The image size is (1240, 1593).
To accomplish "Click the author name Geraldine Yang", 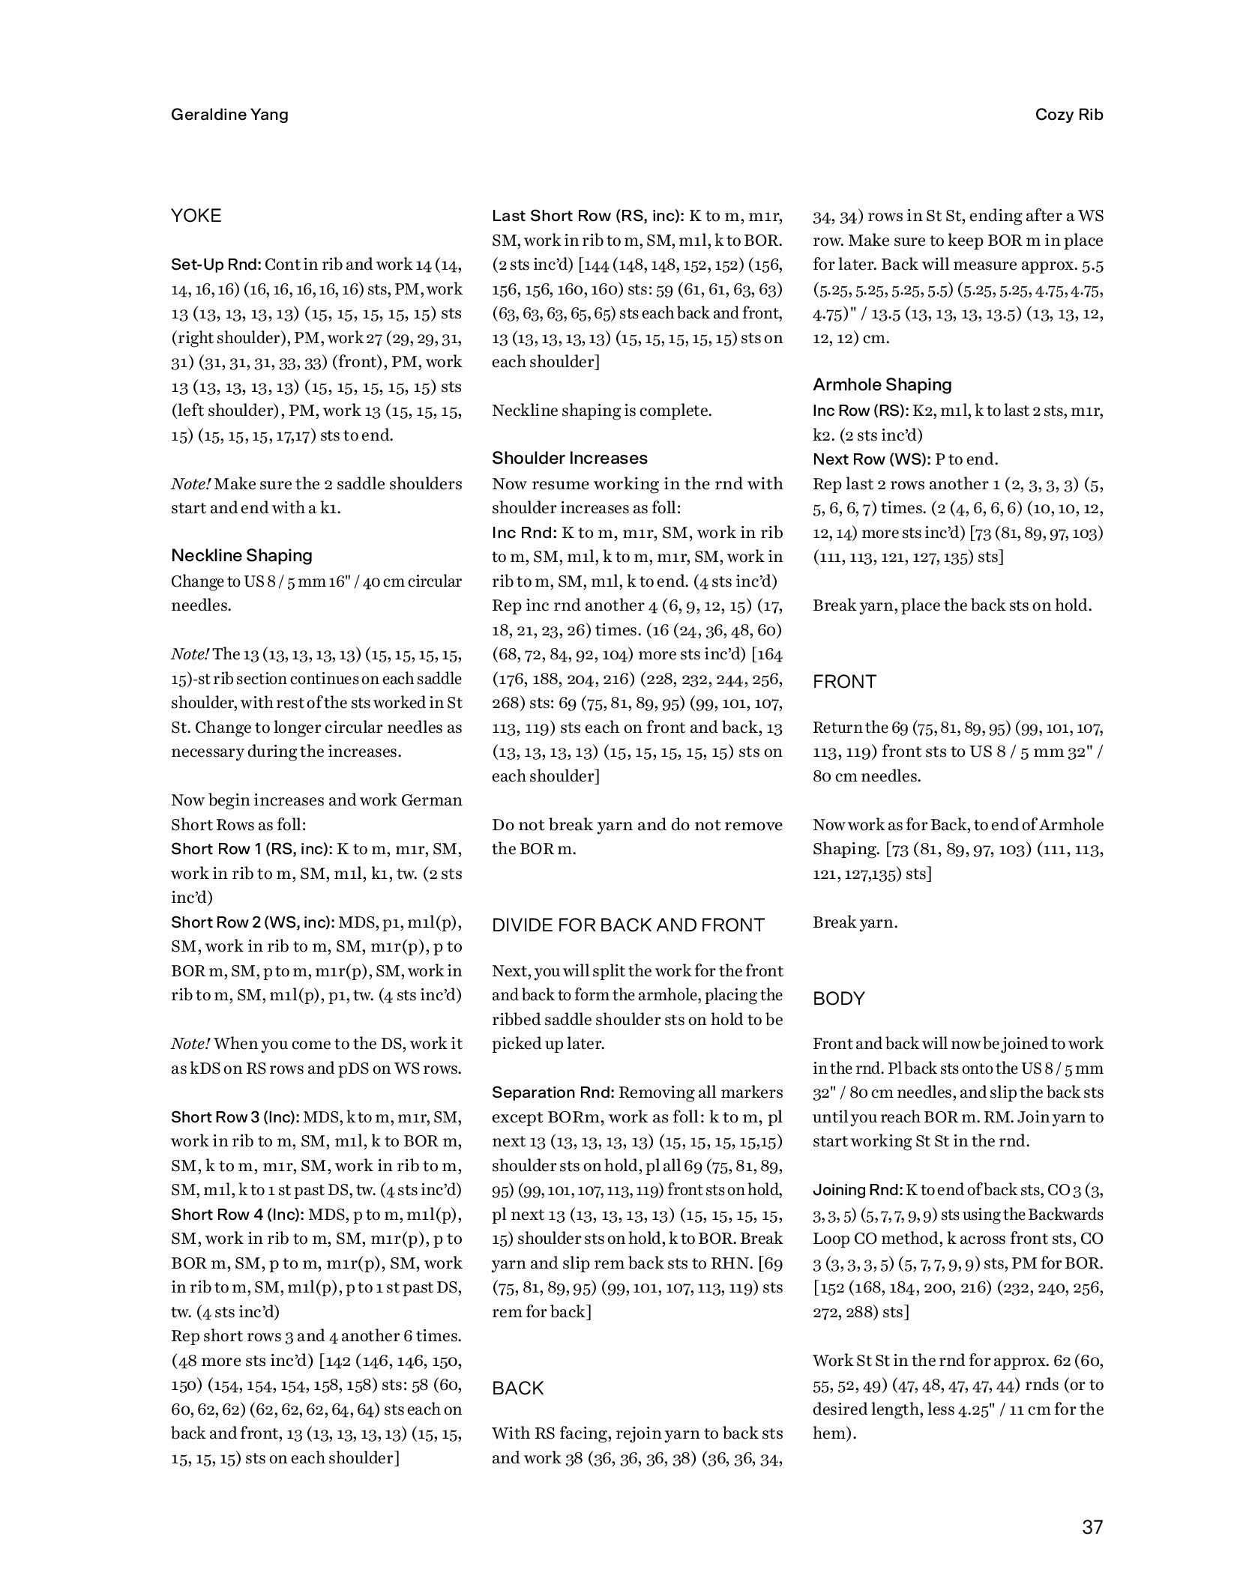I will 229,115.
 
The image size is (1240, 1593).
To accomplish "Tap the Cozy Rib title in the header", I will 1068,115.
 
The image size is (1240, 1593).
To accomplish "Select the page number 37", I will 1092,1527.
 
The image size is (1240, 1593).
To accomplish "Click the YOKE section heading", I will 196,216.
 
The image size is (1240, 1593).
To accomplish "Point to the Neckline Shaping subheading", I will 241,555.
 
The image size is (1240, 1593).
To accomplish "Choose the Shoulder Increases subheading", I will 569,458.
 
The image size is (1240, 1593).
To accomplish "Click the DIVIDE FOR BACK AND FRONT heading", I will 628,925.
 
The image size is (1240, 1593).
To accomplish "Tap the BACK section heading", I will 518,1388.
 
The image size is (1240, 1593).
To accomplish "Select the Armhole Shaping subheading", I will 882,384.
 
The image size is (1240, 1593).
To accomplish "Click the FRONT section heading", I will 844,681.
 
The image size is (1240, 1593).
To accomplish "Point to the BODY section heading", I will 839,998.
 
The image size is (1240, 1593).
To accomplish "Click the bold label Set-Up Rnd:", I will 216,265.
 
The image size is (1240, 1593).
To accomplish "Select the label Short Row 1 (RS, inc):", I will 252,848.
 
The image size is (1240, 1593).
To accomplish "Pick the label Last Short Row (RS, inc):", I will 588,216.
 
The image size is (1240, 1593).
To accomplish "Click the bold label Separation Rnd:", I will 552,1092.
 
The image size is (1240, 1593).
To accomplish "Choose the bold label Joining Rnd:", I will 857,1189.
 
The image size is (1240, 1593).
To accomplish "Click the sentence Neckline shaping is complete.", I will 601,411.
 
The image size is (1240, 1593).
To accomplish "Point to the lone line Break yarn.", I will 855,922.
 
